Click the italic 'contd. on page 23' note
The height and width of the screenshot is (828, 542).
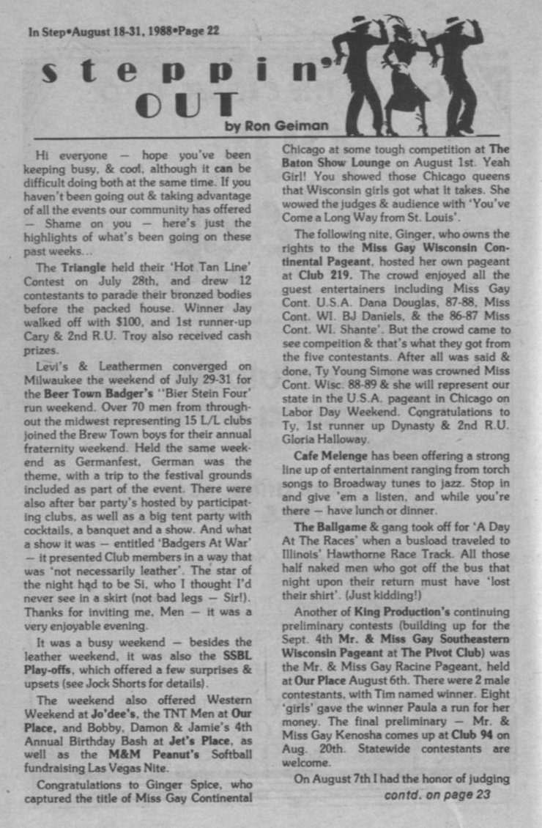[x=437, y=794]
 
